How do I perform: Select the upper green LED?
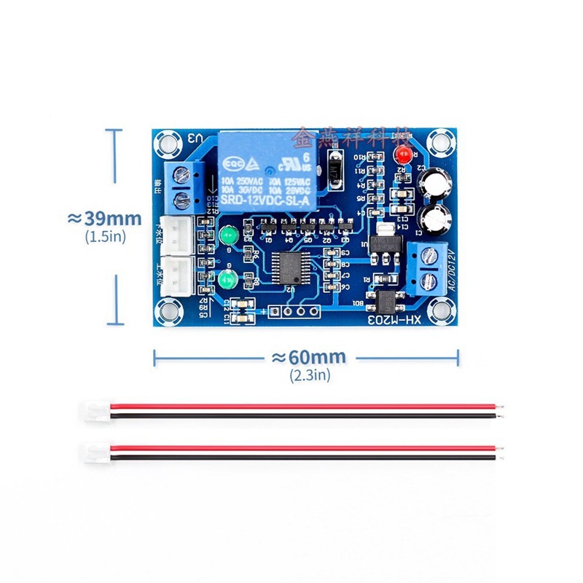pyautogui.click(x=227, y=236)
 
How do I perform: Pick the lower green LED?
pyautogui.click(x=226, y=278)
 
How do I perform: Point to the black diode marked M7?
pyautogui.click(x=335, y=169)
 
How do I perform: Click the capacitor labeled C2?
pyautogui.click(x=437, y=182)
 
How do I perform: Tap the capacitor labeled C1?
pyautogui.click(x=437, y=216)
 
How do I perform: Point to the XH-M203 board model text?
pyautogui.click(x=391, y=319)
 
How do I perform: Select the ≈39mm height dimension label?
pyautogui.click(x=104, y=219)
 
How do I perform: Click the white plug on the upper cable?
pyautogui.click(x=93, y=410)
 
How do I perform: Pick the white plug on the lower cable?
pyautogui.click(x=93, y=452)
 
